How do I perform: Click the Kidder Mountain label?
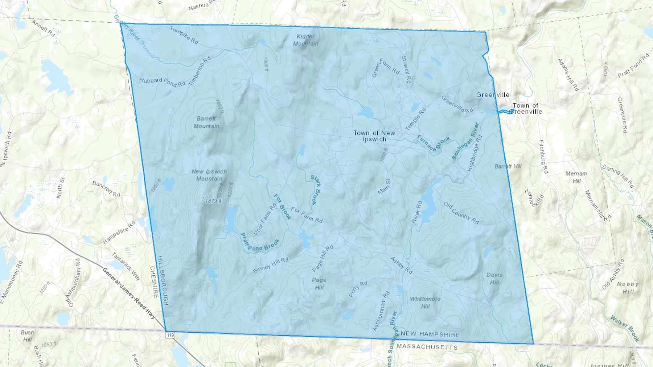305,40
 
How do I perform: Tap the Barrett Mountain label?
206,122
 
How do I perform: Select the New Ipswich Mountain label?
209,175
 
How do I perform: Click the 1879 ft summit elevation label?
213,201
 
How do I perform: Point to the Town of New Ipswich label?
374,136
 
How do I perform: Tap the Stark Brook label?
316,190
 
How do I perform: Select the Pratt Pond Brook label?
260,243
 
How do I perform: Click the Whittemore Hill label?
425,303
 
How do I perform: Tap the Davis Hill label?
494,279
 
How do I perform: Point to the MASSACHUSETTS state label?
427,347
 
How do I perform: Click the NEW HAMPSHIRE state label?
430,334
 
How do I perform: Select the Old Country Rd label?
461,213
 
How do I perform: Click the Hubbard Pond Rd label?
162,82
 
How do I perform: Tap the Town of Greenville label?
525,108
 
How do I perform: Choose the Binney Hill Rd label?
271,266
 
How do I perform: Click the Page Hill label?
319,284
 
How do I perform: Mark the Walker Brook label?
625,328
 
